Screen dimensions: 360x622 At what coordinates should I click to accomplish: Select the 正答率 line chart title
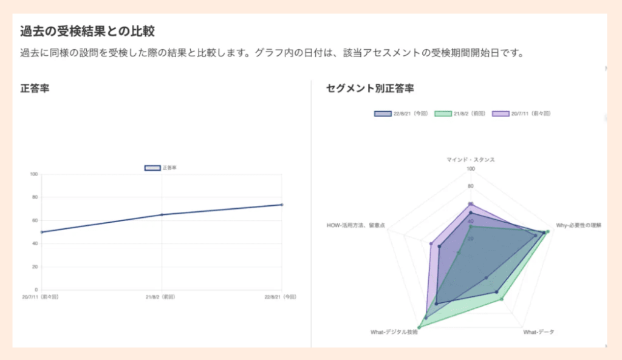[x=35, y=89]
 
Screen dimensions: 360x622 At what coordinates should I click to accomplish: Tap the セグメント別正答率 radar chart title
[x=370, y=89]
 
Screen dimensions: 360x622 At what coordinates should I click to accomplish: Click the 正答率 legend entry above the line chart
[x=160, y=168]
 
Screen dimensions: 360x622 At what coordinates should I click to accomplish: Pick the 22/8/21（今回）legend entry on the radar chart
[x=402, y=114]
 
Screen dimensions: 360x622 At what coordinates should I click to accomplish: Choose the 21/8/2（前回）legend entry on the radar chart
[x=460, y=114]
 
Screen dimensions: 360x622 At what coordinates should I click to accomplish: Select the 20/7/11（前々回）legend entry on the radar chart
[x=522, y=114]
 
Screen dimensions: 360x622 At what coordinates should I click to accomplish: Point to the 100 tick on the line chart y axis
[x=34, y=174]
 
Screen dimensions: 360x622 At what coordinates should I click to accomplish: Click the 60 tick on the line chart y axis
[x=35, y=220]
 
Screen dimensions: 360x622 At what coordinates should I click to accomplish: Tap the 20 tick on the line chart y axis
[x=35, y=267]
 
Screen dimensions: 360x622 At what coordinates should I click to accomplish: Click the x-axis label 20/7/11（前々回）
[x=40, y=297]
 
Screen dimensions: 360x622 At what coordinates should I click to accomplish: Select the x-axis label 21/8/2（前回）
[x=161, y=297]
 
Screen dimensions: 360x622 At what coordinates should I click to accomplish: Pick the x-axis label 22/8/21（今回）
[x=281, y=297]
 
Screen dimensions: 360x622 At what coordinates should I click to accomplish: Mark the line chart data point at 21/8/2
[x=162, y=214]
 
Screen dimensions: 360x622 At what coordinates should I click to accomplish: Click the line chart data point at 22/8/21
[x=282, y=205]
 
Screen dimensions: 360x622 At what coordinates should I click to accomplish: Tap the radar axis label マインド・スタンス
[x=470, y=160]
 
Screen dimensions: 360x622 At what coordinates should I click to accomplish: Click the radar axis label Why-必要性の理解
[x=578, y=225]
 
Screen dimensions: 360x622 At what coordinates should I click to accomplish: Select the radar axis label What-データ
[x=539, y=332]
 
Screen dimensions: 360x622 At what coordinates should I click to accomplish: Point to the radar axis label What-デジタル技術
[x=394, y=332]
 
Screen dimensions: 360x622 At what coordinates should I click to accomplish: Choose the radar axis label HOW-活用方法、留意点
[x=355, y=226]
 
